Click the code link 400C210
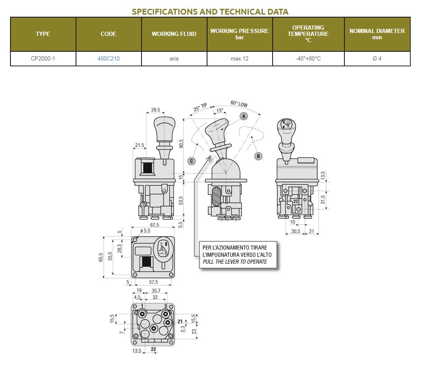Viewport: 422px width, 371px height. [x=109, y=58]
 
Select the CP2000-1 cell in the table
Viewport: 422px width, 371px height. [x=43, y=58]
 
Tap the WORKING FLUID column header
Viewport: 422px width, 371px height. [x=174, y=34]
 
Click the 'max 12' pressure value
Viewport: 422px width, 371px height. [x=240, y=58]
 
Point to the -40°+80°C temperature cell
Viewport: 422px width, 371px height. [x=308, y=58]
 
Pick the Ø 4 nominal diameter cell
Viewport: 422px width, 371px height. [x=377, y=58]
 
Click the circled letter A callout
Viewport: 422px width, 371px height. [x=244, y=116]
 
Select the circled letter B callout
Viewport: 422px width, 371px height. [x=258, y=156]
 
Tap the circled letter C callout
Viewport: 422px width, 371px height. [x=192, y=161]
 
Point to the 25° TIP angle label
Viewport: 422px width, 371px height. [x=200, y=107]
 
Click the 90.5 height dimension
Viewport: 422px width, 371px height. [x=181, y=144]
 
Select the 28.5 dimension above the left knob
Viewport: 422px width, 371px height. [x=155, y=110]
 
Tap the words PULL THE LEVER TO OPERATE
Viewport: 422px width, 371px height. [x=235, y=262]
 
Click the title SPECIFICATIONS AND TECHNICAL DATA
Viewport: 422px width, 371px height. [x=210, y=12]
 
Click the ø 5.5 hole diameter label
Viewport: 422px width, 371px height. [x=145, y=231]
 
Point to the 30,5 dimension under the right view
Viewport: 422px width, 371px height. [x=296, y=231]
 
